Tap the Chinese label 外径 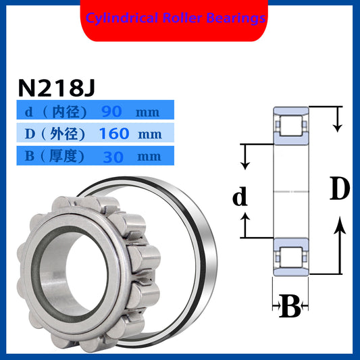coord(65,134)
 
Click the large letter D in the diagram coord(339,190)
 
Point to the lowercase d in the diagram coord(240,197)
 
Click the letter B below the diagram coord(288,307)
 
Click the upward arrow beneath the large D coord(340,243)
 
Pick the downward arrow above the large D coord(339,122)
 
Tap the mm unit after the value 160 coord(149,134)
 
